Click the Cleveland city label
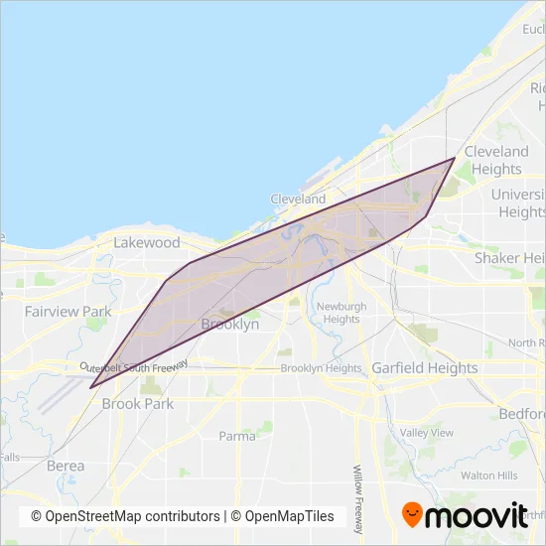[x=298, y=199]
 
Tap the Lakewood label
[x=147, y=242]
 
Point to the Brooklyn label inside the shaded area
[x=229, y=324]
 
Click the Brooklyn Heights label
[x=321, y=368]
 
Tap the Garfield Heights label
[x=424, y=367]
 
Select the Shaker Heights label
[x=509, y=258]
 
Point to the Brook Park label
[x=137, y=404]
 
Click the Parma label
[x=235, y=435]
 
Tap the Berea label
[x=66, y=465]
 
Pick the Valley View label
[x=426, y=433]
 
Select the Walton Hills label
[x=485, y=476]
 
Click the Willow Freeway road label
[x=357, y=497]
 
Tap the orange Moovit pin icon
[x=411, y=515]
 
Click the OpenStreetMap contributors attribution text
[x=125, y=516]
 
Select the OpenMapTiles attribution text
[x=291, y=516]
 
